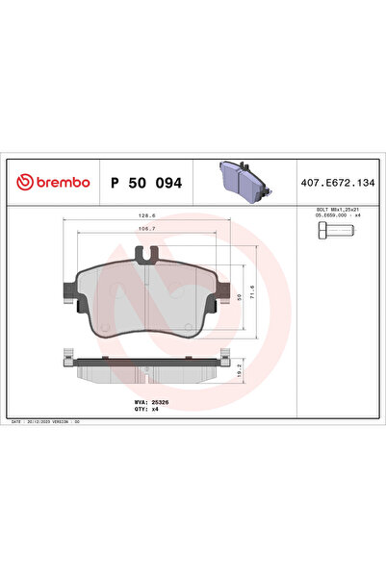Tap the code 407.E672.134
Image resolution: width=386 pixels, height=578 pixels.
336,182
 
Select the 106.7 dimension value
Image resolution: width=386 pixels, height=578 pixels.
146,230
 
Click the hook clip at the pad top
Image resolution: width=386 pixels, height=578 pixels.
148,256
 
